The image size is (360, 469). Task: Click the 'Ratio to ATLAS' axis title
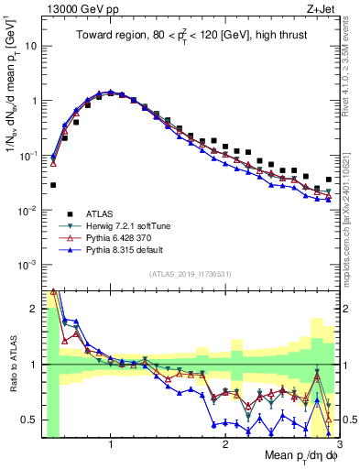point(13,365)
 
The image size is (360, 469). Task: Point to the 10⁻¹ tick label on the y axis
point(29,155)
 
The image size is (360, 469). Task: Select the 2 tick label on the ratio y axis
point(36,309)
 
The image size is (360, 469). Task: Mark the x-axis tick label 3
point(326,444)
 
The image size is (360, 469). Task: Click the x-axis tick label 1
point(111,444)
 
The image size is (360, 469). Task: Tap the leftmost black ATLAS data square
point(53,185)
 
